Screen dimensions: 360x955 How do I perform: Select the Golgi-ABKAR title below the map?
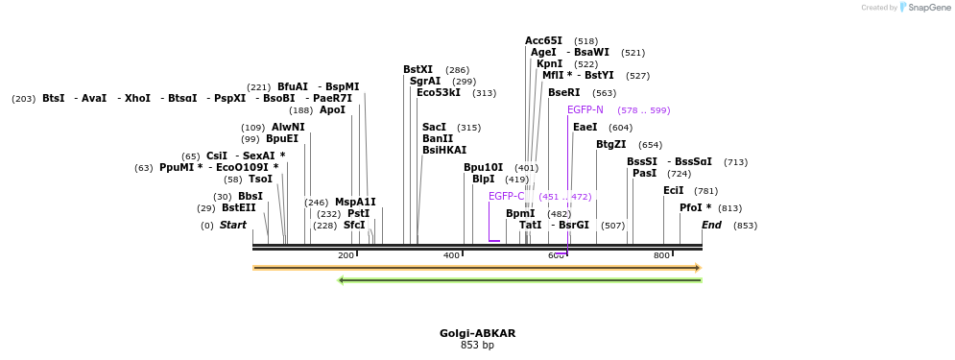pyautogui.click(x=477, y=333)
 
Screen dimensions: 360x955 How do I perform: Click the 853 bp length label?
pyautogui.click(x=477, y=345)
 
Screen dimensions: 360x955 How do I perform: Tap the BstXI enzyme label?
pyautogui.click(x=418, y=69)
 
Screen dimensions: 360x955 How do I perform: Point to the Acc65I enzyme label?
pyautogui.click(x=543, y=40)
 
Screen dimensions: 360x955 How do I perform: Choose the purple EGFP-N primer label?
pyautogui.click(x=585, y=109)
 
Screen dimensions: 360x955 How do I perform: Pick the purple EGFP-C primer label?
pyautogui.click(x=506, y=196)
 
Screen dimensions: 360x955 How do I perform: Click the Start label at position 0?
pyautogui.click(x=232, y=225)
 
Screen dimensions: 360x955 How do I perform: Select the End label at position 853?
pyautogui.click(x=711, y=225)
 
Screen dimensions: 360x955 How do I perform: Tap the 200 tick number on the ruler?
pyautogui.click(x=346, y=255)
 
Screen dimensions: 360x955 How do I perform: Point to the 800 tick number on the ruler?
pyautogui.click(x=661, y=255)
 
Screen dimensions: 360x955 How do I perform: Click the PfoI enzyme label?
pyautogui.click(x=695, y=207)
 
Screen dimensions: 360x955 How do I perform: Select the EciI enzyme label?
pyautogui.click(x=673, y=190)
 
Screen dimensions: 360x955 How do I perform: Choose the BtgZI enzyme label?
pyautogui.click(x=610, y=144)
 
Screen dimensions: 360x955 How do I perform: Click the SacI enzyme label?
pyautogui.click(x=434, y=127)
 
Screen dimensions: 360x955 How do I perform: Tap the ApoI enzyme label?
pyautogui.click(x=332, y=109)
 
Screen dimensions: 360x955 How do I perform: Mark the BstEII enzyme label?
pyautogui.click(x=239, y=207)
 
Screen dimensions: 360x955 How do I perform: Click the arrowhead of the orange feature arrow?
pyautogui.click(x=698, y=268)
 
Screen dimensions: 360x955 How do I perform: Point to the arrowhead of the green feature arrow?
pyautogui.click(x=342, y=280)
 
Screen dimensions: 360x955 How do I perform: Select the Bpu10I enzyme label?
pyautogui.click(x=483, y=167)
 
